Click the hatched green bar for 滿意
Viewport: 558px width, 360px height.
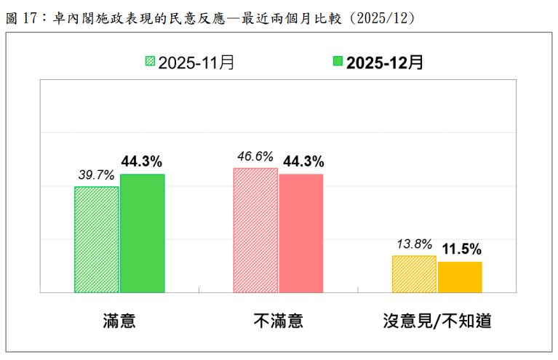[x=97, y=239]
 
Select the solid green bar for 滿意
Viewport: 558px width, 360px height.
[x=143, y=233]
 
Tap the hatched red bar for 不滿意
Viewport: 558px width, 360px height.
[x=255, y=230]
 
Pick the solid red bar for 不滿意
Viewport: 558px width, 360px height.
[x=301, y=233]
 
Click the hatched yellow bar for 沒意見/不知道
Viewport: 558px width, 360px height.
[x=414, y=274]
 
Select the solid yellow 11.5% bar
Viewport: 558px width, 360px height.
[x=460, y=277]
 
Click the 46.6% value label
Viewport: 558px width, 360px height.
[x=255, y=156]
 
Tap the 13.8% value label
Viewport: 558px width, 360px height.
[x=415, y=244]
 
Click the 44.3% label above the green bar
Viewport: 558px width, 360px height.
[x=142, y=161]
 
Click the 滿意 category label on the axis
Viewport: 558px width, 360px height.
[x=119, y=321]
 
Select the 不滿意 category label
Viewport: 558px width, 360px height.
[x=278, y=321]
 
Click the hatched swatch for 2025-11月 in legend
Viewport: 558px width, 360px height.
[x=150, y=63]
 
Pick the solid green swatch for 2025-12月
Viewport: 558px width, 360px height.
[x=338, y=63]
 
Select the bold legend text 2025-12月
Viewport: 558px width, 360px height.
[x=385, y=63]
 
